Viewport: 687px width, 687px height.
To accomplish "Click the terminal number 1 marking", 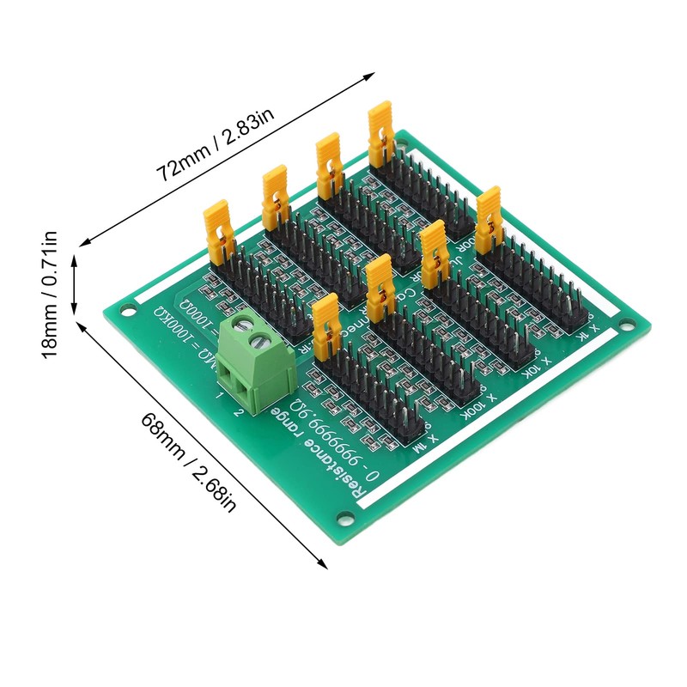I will [220, 396].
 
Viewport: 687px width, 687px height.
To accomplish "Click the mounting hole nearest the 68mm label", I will [345, 517].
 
